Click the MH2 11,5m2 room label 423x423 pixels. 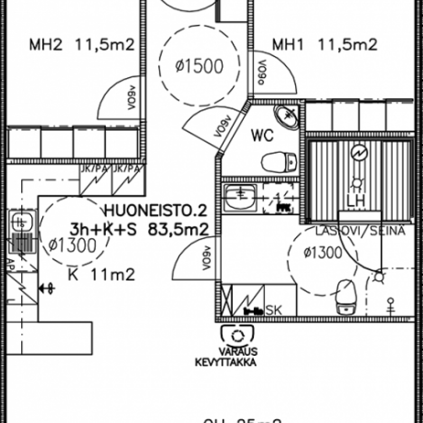click(81, 44)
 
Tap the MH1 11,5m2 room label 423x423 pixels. click(325, 44)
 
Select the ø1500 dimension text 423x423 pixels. click(199, 67)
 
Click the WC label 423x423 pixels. click(262, 136)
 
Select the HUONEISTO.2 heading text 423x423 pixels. click(155, 212)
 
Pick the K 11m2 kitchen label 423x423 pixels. click(101, 274)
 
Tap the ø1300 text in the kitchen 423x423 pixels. click(72, 245)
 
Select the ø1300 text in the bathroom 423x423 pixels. click(323, 253)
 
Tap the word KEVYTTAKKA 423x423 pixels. click(226, 362)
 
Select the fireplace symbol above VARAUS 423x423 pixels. click(238, 334)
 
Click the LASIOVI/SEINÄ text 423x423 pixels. click(360, 231)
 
